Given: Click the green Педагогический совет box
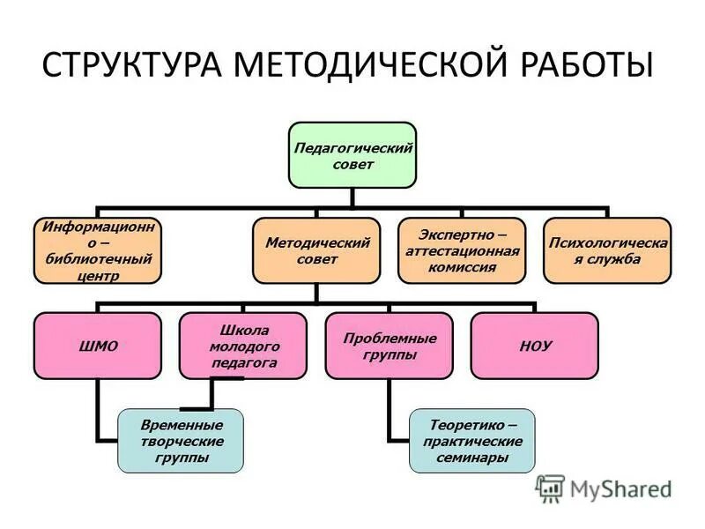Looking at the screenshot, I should pos(353,155).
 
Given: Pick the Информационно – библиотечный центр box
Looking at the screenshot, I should pos(98,250).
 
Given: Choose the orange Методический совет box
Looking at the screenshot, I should pos(317,250).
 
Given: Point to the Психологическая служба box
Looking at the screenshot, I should pos(607,250).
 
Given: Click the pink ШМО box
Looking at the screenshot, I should pos(98,346).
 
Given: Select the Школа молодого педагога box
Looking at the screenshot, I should pos(243,346).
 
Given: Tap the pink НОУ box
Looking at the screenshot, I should pos(534,346).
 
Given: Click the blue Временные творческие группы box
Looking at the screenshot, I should pos(182,441).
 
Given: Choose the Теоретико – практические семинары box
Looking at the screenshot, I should pos(471,441).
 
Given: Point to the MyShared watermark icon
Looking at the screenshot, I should pos(550,488).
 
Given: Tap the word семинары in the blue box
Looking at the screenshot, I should pos(471,458).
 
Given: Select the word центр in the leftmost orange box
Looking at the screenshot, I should pos(98,276).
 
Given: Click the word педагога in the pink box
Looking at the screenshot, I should pos(243,362).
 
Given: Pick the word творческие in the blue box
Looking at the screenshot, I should pos(182,441).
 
